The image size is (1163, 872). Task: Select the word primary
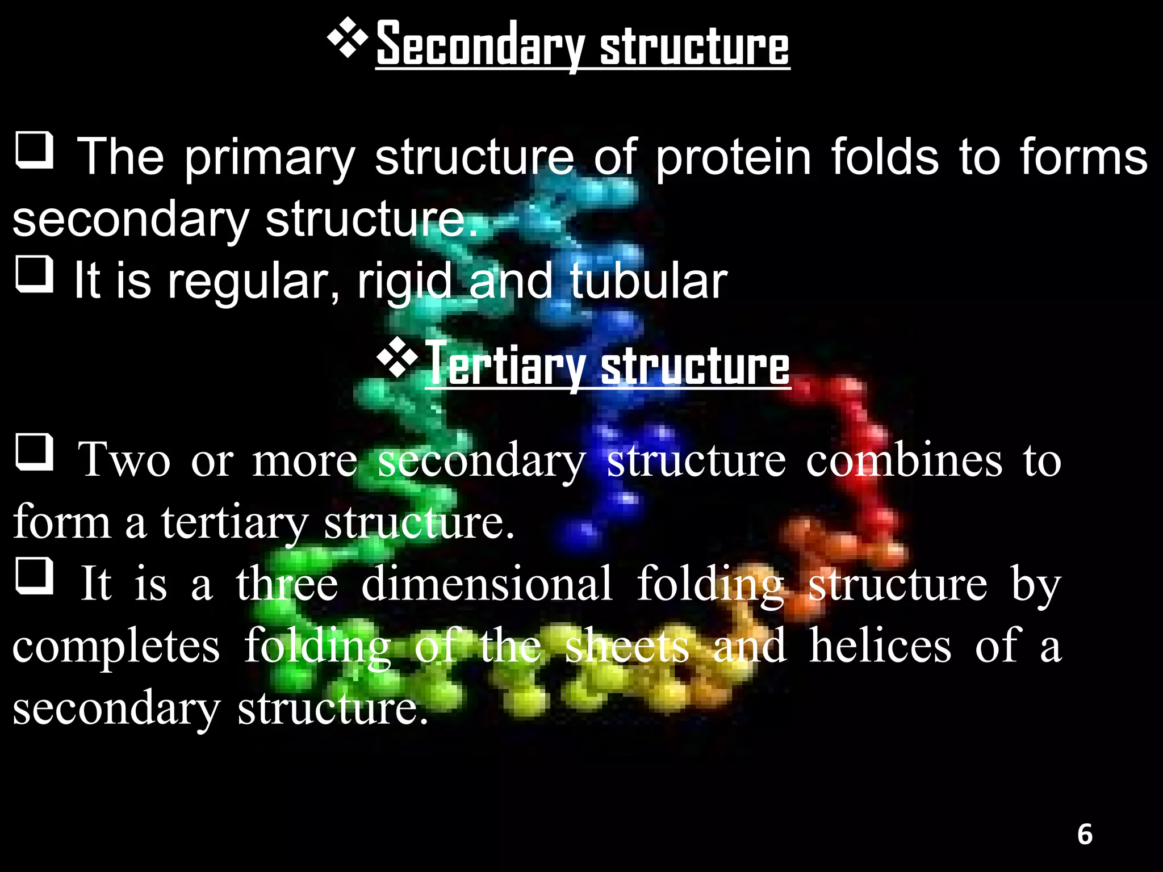270,158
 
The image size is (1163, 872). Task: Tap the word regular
253,282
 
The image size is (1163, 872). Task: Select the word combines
904,460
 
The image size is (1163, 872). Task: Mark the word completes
116,647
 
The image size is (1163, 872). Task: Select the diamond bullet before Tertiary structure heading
397,359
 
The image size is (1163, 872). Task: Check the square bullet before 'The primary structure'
35,150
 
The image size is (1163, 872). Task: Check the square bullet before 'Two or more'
35,452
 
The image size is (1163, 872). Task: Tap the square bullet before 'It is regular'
35,274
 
